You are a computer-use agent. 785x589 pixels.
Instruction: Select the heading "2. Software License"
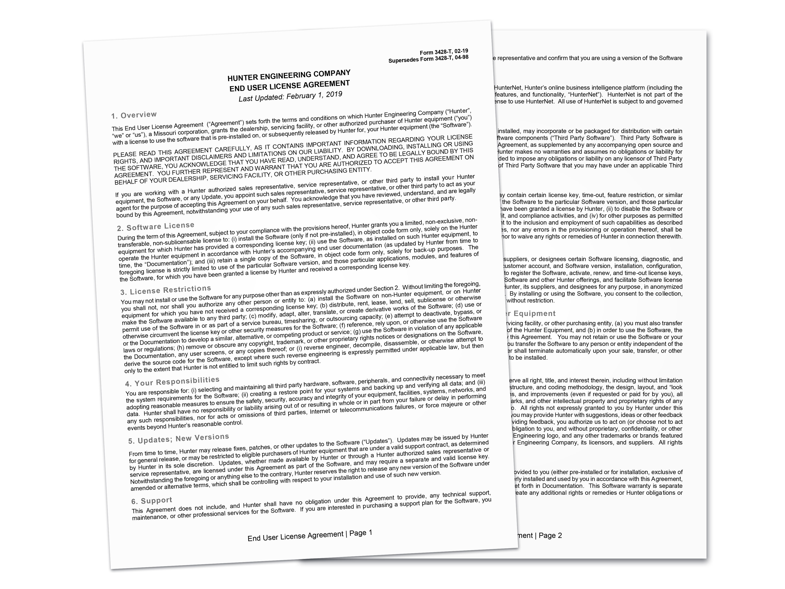coord(155,227)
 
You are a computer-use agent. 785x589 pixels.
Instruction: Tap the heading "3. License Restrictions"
coord(165,290)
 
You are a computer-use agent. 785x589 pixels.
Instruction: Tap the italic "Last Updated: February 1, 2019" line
coord(290,96)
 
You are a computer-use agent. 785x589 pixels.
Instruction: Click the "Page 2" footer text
coord(550,535)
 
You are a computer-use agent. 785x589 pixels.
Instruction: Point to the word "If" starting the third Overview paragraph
coord(118,195)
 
